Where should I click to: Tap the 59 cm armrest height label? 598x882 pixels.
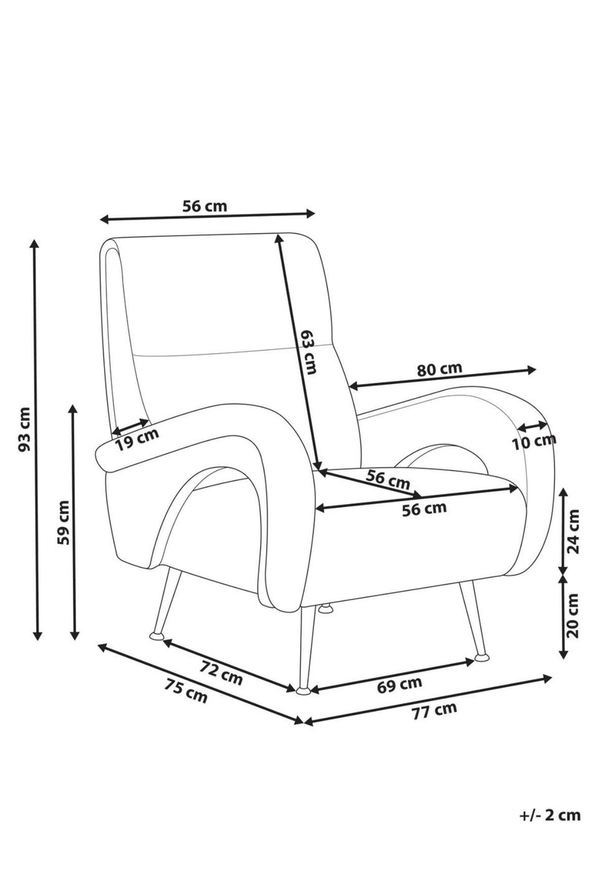62,522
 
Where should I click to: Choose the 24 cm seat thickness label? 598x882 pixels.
573,531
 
